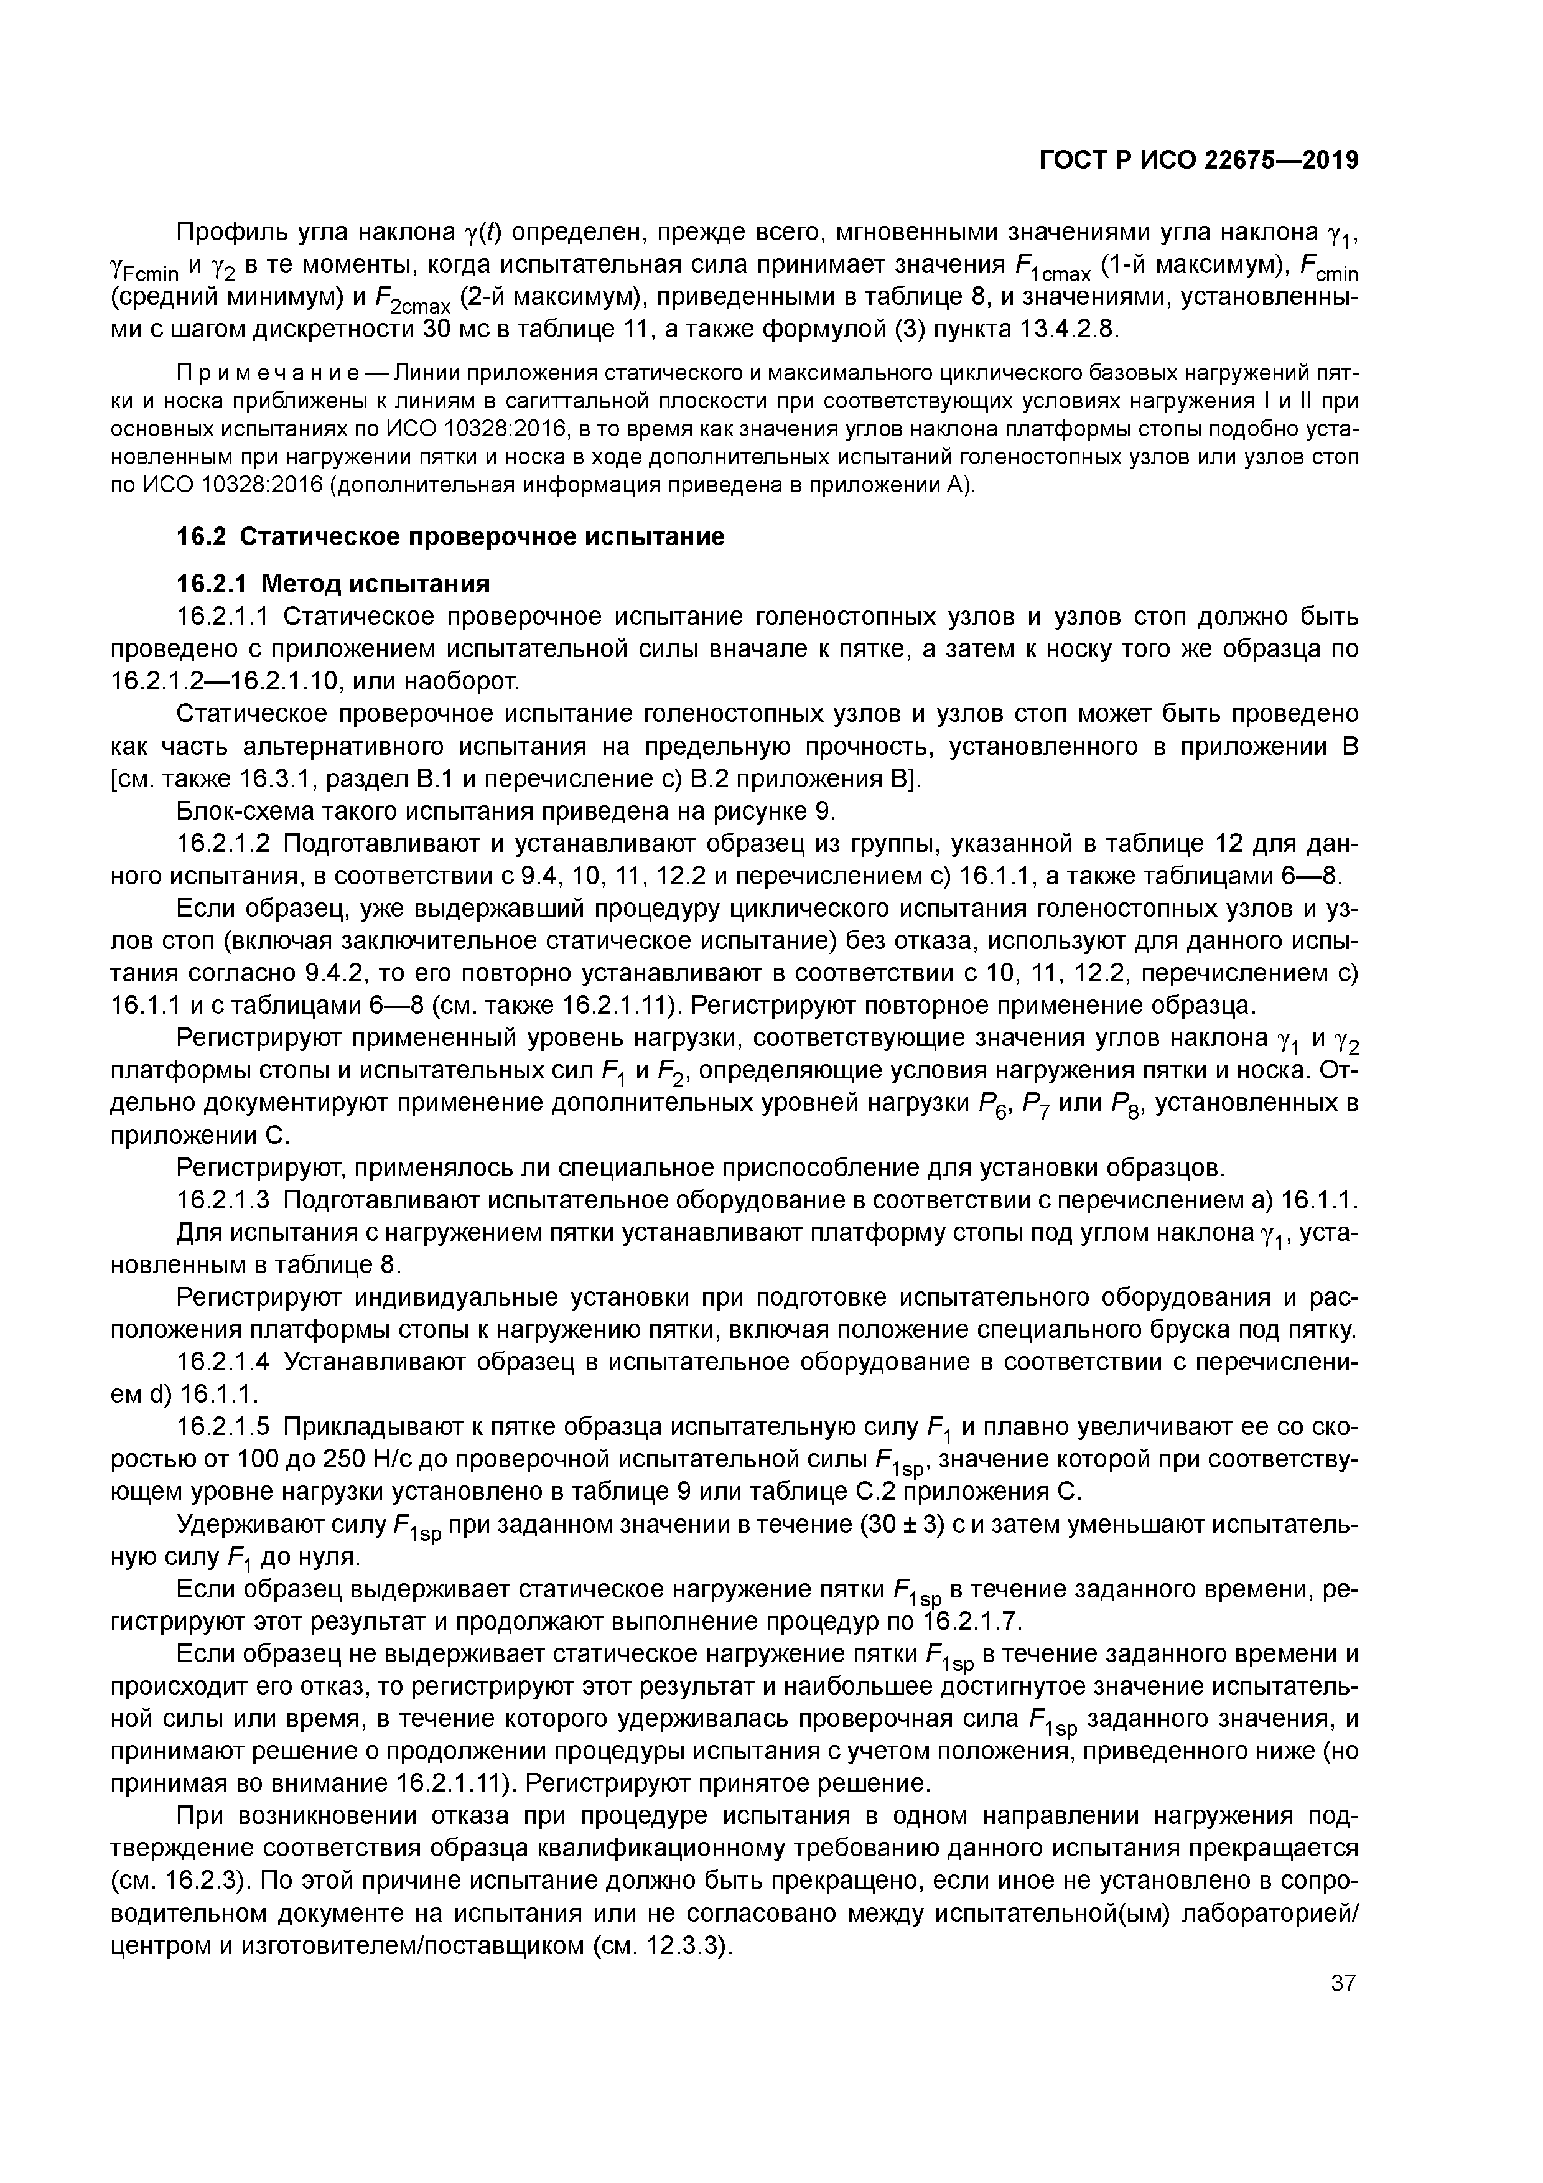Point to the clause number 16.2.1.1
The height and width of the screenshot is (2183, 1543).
point(225,617)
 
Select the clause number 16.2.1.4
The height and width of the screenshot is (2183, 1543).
point(225,1362)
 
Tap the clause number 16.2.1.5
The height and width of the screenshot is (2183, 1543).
point(225,1427)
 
